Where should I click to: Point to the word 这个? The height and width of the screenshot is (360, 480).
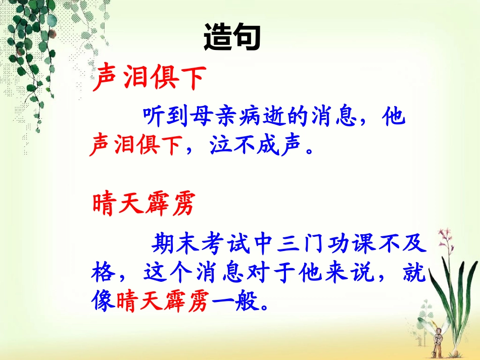(173, 275)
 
